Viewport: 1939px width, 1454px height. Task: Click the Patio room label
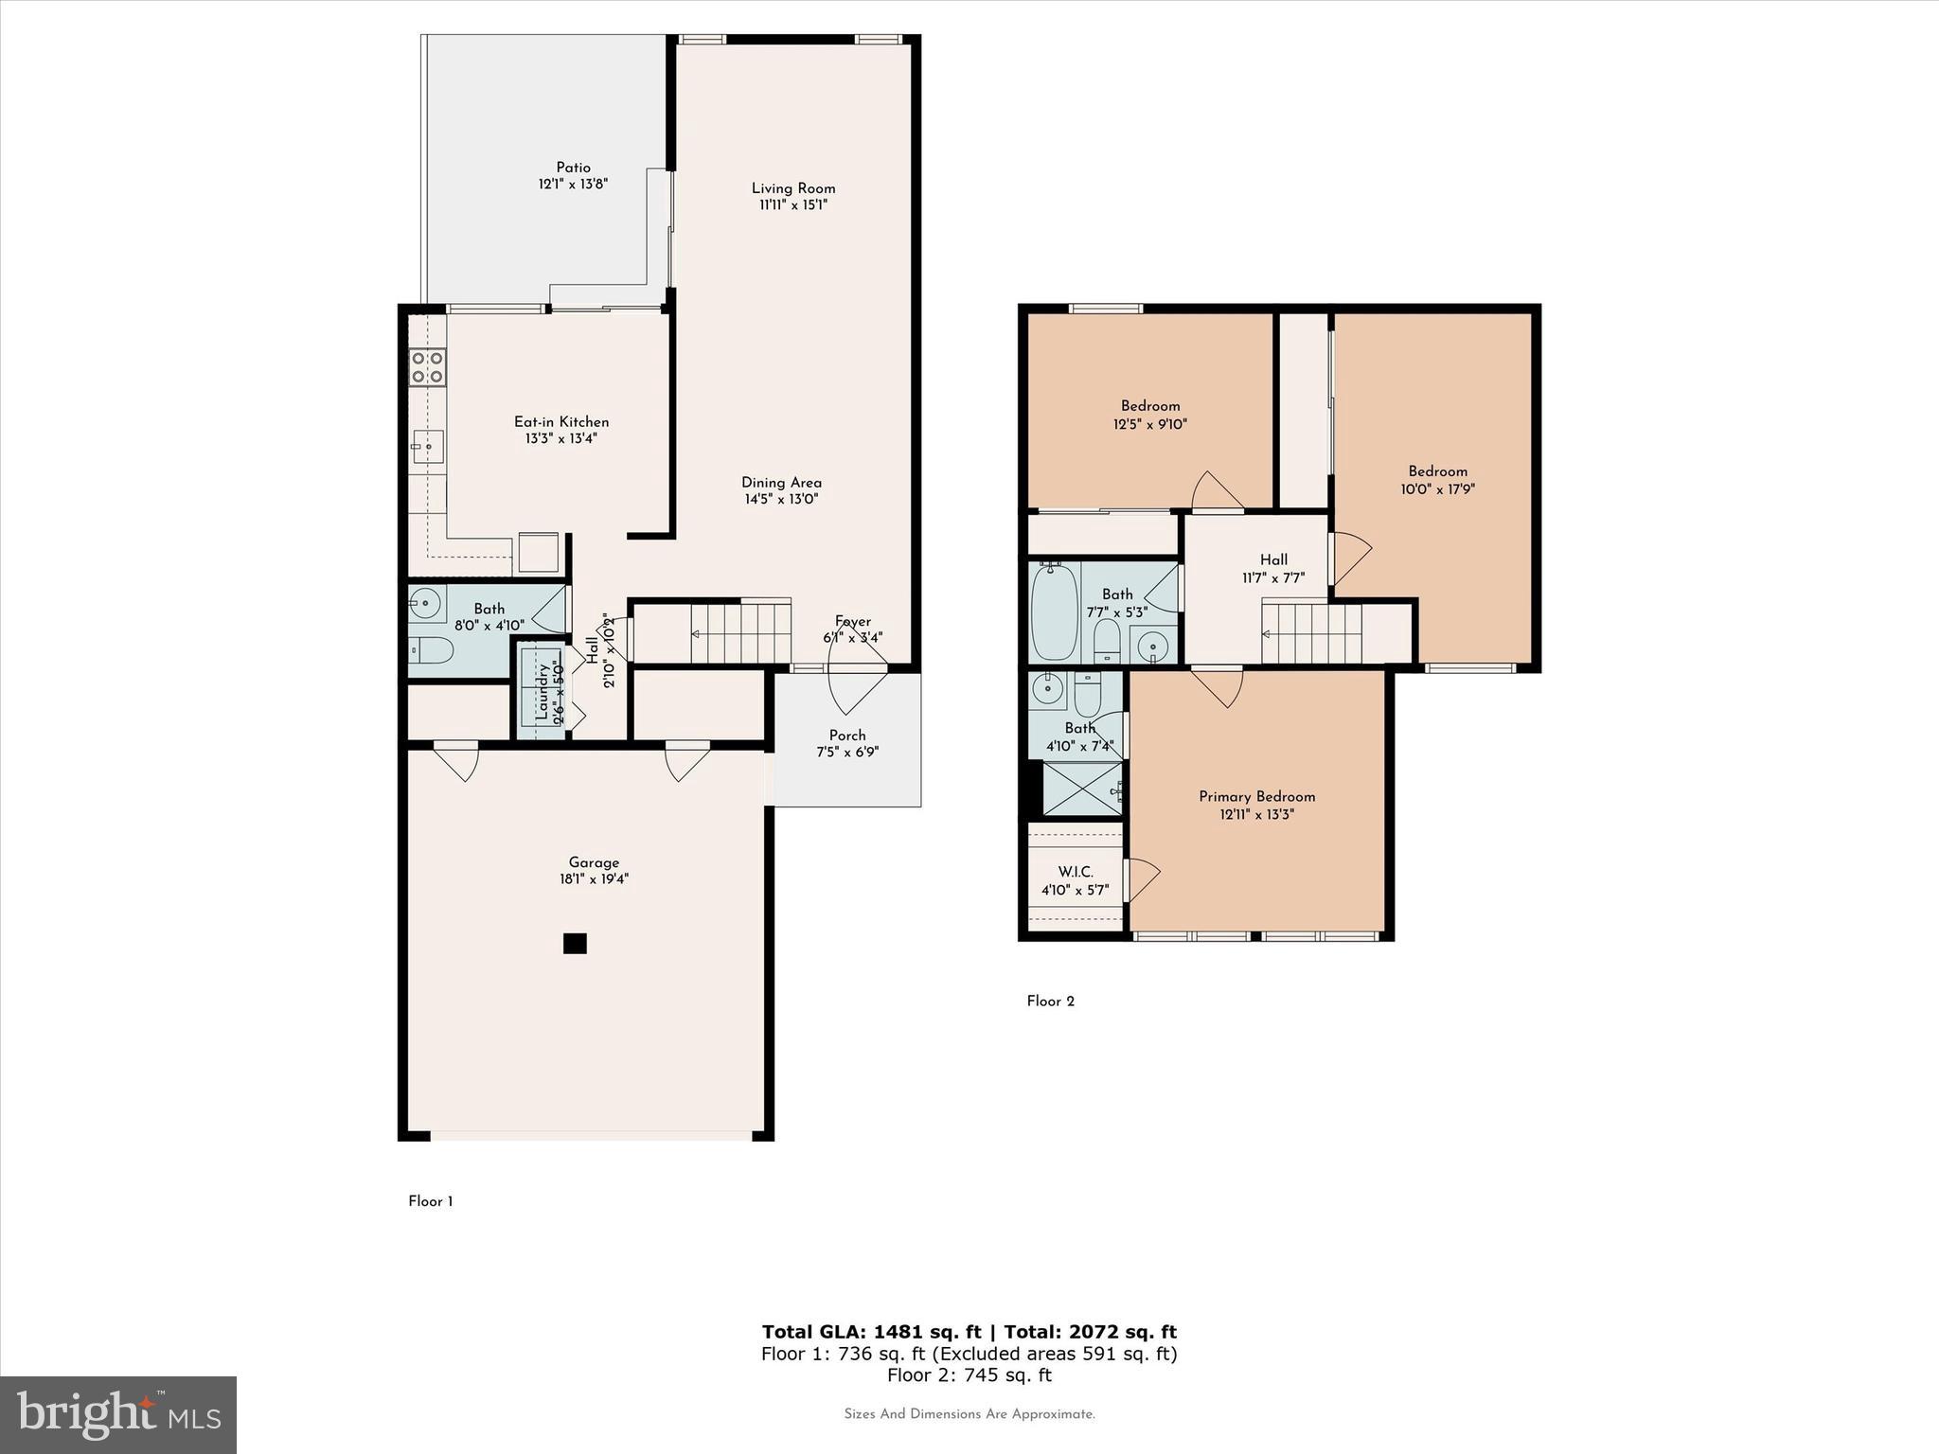click(573, 168)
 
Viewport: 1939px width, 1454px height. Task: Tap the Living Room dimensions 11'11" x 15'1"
click(793, 204)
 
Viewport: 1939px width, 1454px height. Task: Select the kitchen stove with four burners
click(427, 367)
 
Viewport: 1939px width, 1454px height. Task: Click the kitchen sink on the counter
click(427, 445)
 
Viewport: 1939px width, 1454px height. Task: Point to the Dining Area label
click(781, 483)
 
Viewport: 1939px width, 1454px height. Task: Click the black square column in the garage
click(575, 944)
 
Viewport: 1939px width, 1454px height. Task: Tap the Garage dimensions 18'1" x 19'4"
click(594, 878)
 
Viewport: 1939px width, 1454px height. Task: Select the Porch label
click(846, 736)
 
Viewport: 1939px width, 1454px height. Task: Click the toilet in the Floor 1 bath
click(431, 650)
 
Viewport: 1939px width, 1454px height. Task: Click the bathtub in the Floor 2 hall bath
click(1054, 611)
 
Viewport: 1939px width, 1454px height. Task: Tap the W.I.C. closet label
click(1075, 872)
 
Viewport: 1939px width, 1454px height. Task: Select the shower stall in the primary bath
click(1081, 789)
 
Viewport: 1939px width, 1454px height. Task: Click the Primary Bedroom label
click(1256, 796)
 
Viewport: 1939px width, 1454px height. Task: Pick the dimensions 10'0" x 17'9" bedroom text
click(1437, 489)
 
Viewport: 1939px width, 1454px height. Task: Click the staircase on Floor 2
click(1311, 634)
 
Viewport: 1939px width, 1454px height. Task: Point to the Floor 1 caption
click(431, 1201)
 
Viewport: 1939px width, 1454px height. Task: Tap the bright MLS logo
click(118, 1415)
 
